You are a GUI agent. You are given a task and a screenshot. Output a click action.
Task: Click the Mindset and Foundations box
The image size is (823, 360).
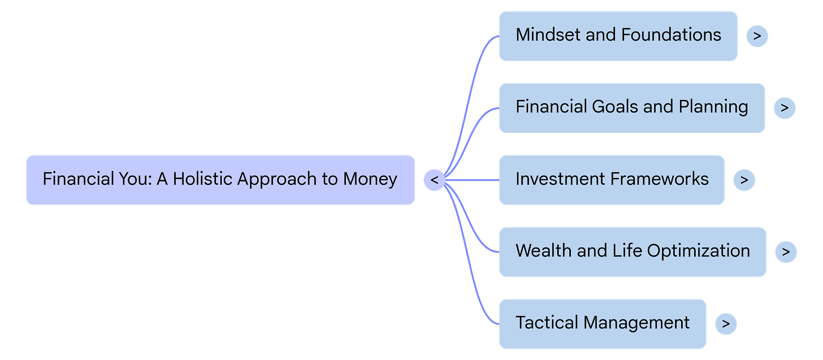point(618,36)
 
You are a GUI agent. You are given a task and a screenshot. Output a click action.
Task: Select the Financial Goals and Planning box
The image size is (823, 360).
point(631,107)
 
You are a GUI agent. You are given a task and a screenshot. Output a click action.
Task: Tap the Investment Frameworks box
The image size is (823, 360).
point(612,180)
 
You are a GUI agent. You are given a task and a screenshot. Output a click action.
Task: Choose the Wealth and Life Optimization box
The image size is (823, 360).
point(632,251)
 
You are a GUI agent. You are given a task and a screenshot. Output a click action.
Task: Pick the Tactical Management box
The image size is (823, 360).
point(602,323)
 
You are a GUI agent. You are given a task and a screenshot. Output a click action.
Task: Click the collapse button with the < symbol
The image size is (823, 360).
point(434,180)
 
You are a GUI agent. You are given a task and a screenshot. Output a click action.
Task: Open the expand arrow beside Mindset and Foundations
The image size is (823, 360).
point(757,36)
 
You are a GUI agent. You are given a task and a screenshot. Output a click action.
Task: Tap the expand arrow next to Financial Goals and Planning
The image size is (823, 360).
point(784,108)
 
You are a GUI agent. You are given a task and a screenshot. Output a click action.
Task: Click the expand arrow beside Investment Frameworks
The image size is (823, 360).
point(744,180)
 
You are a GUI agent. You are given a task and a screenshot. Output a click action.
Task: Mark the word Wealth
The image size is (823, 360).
point(543,251)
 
